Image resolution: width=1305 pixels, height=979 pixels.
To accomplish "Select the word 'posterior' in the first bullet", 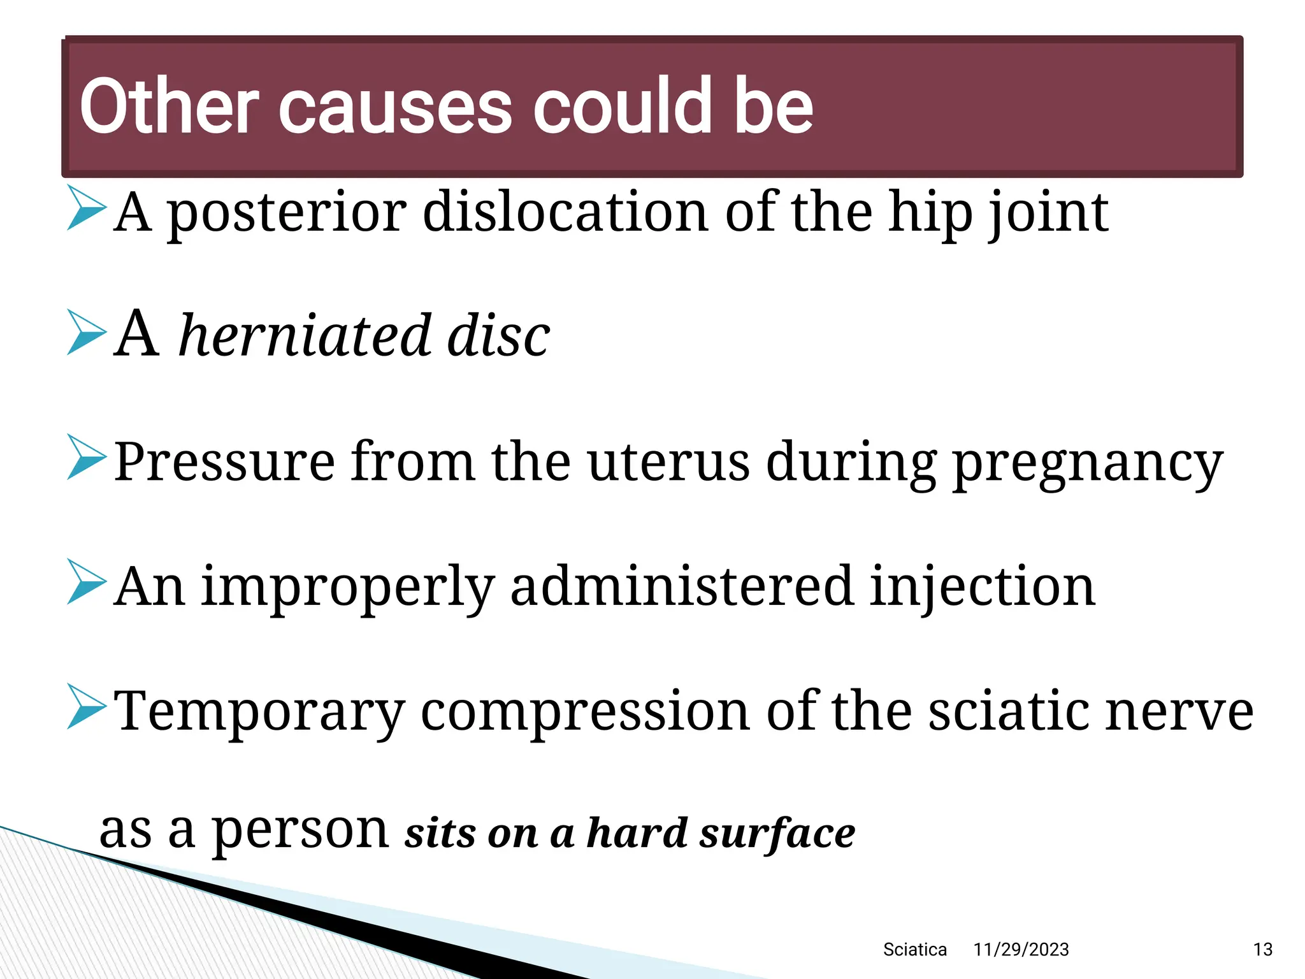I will (287, 213).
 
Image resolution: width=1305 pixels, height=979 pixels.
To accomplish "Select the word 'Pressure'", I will (224, 461).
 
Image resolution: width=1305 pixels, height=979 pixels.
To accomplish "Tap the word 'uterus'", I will (669, 461).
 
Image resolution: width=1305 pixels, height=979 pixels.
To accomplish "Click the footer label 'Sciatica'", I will (914, 950).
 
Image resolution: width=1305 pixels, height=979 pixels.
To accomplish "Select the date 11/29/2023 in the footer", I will (1021, 950).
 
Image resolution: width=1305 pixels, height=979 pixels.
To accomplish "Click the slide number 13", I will (1262, 950).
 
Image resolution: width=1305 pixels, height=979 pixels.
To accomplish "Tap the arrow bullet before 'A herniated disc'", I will (86, 332).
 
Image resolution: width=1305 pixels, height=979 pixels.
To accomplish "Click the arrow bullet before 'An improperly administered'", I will (86, 582).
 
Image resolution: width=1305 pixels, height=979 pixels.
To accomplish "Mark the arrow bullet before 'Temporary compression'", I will (86, 707).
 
